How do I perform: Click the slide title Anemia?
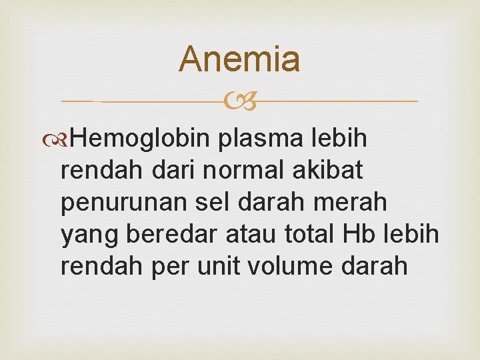(239, 59)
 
